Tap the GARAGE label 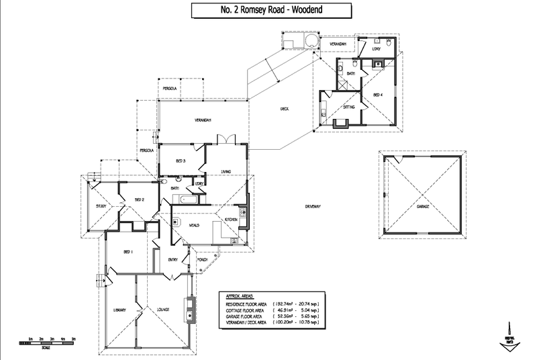coord(422,207)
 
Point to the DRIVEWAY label coord(310,206)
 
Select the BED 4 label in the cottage coord(377,95)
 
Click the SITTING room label coord(349,107)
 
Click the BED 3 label coord(180,161)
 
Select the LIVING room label coord(226,172)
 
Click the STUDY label coord(101,206)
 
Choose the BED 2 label coord(139,199)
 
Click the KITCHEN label coord(230,220)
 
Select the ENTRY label coord(171,259)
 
